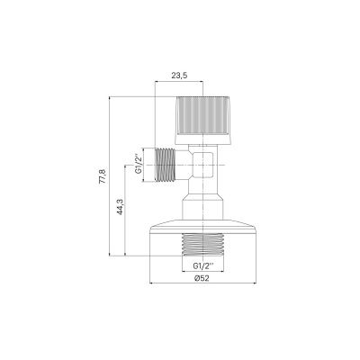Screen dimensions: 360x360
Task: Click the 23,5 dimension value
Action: [179, 76]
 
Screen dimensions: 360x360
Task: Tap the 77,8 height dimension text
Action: [103, 176]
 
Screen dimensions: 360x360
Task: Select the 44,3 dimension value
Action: [120, 207]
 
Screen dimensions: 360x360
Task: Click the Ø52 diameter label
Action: [202, 278]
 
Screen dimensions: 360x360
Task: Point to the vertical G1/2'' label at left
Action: [138, 165]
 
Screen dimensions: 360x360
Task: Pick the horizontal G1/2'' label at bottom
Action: [203, 265]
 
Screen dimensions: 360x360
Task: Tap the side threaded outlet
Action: [166, 165]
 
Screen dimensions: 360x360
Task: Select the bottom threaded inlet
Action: [202, 244]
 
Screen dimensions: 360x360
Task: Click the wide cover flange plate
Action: [202, 227]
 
